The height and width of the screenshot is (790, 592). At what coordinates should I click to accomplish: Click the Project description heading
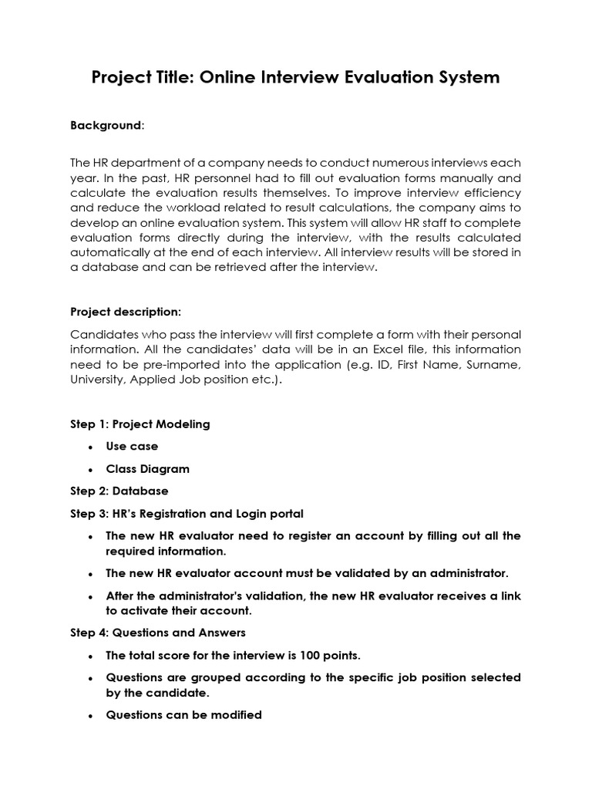click(126, 312)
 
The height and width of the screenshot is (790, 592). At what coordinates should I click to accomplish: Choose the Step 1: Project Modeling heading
click(140, 424)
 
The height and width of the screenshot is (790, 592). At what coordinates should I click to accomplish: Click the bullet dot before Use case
click(91, 447)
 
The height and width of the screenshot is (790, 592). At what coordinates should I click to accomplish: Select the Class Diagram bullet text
click(147, 469)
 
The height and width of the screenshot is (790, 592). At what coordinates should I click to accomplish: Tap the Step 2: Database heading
click(119, 491)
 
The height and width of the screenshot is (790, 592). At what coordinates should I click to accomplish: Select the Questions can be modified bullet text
click(183, 715)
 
